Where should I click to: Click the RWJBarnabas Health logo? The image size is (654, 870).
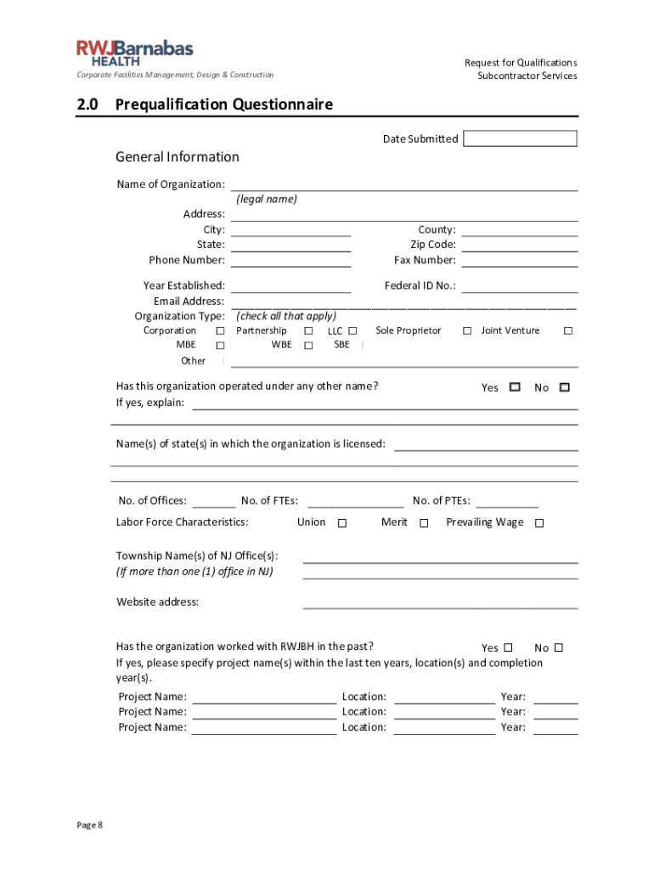[x=135, y=53]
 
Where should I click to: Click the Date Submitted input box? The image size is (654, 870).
[x=520, y=138]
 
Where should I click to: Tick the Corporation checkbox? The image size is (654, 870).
[x=220, y=330]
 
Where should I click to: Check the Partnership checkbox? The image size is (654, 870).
[x=308, y=330]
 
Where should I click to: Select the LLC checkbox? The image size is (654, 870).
[x=352, y=330]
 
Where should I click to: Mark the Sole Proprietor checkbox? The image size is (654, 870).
[x=467, y=330]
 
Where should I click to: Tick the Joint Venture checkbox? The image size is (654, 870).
[x=568, y=330]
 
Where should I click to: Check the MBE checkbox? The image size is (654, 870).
[x=220, y=346]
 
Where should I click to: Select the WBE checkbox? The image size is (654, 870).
[x=308, y=346]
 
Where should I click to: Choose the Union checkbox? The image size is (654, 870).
[x=342, y=523]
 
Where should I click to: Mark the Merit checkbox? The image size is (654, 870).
[x=424, y=523]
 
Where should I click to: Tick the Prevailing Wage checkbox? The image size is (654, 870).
[x=538, y=523]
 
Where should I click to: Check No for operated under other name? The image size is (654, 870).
[x=564, y=387]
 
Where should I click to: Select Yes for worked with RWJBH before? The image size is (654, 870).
[x=508, y=647]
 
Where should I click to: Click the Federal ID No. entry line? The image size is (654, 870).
[x=520, y=286]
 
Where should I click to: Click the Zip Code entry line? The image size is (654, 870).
[x=520, y=246]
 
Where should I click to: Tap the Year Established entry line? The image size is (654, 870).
[x=290, y=286]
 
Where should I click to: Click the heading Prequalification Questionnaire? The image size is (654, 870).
[x=223, y=105]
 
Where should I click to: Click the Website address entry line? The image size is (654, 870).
[x=440, y=602]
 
